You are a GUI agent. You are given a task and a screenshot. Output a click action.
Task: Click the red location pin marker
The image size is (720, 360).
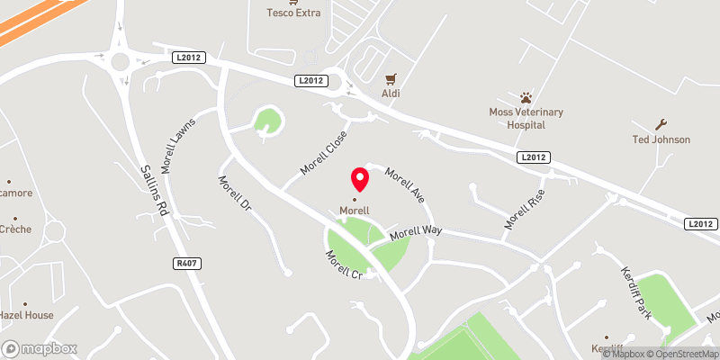[359, 178]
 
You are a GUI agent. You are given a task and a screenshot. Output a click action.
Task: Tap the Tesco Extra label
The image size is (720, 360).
[294, 13]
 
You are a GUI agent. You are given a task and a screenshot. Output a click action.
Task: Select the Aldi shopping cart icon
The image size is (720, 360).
[391, 79]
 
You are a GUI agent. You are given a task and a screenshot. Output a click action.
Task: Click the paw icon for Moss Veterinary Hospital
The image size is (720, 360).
[526, 96]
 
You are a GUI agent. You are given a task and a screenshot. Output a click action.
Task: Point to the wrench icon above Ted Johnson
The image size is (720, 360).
[661, 124]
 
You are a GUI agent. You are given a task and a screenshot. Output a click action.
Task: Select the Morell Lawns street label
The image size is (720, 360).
[180, 144]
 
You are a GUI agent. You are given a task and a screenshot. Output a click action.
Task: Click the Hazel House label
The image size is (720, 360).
[27, 315]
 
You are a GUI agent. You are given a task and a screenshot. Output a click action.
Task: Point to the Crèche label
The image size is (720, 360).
[15, 229]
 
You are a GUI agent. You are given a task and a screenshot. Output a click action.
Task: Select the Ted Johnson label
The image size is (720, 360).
[661, 139]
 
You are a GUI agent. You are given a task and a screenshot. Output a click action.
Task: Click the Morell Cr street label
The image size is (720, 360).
[344, 264]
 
